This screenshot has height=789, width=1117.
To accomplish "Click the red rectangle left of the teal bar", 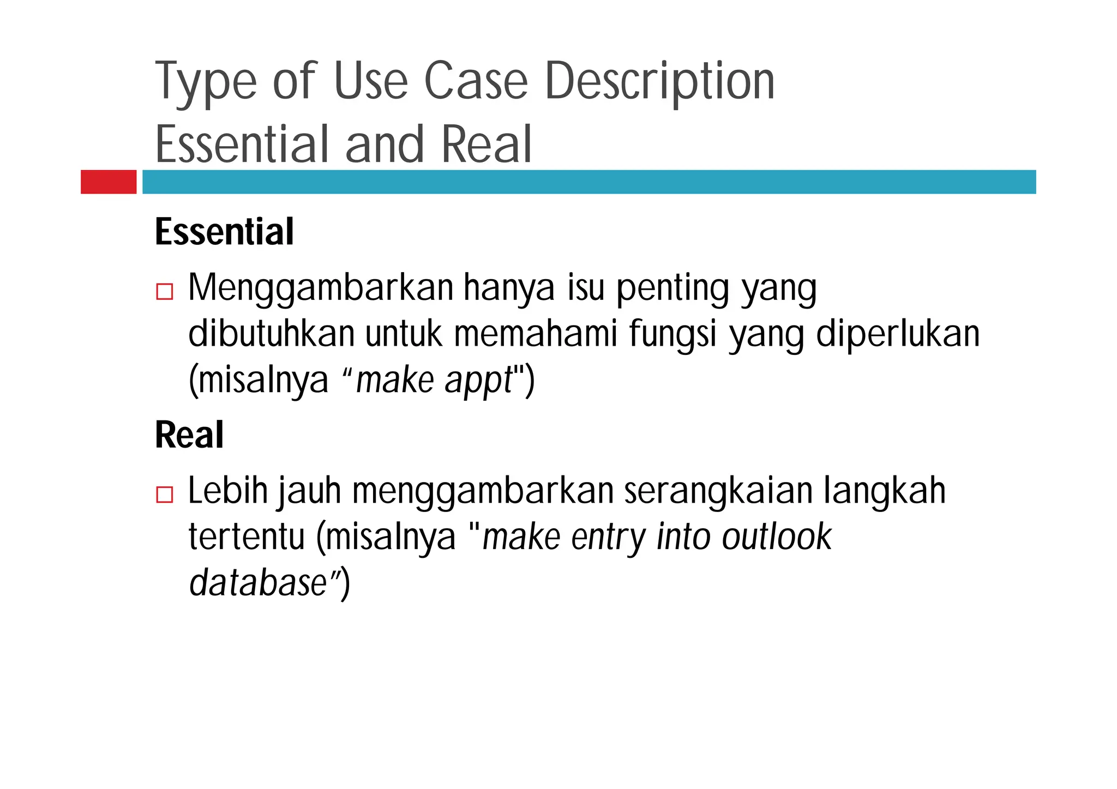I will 109,182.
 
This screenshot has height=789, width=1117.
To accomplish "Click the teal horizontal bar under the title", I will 588,182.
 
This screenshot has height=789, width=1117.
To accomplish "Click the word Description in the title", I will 659,82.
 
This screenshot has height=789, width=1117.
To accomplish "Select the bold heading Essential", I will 224,232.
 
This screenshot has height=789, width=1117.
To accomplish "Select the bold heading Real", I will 189,435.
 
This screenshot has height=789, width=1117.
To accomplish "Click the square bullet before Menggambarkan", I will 164,292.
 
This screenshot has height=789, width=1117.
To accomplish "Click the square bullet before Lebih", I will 164,495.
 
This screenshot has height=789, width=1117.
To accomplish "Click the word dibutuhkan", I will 271,334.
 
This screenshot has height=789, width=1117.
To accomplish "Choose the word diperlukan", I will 898,335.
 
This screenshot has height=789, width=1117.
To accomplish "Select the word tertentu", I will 247,537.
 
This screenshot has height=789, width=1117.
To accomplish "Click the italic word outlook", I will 777,537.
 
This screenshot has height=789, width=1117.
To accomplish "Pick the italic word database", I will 257,583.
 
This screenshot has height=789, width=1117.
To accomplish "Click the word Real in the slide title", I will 486,144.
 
